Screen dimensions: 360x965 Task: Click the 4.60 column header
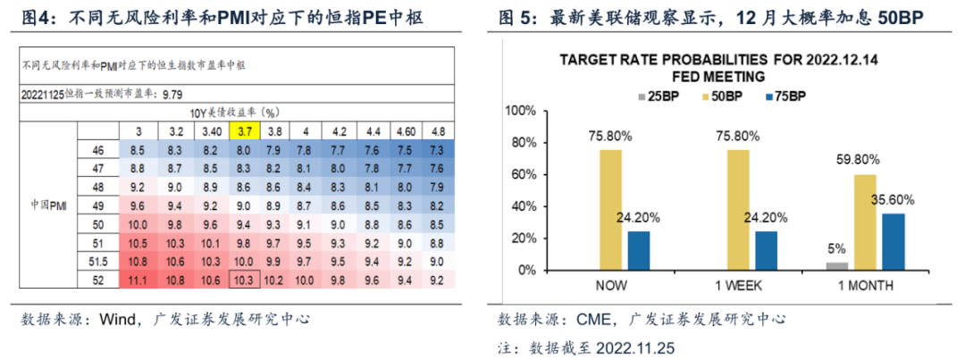[x=405, y=131]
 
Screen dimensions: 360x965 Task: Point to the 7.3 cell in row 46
[x=437, y=150]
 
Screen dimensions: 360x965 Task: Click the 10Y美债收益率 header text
[x=235, y=113]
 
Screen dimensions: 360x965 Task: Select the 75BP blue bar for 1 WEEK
[x=768, y=250]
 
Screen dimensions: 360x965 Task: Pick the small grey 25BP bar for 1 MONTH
[x=837, y=265]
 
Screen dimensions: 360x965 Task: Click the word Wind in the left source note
[x=117, y=318]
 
